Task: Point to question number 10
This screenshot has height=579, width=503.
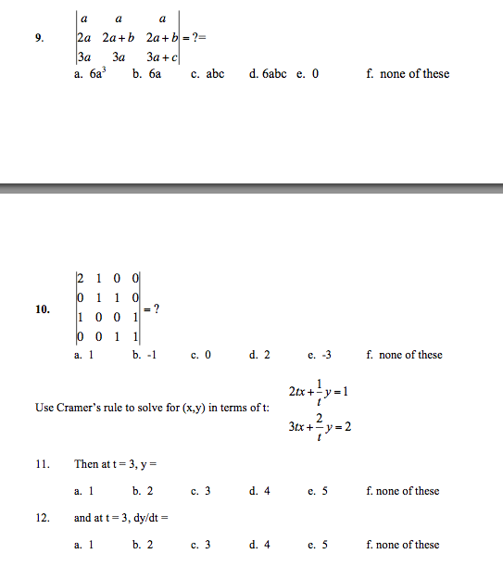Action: pyautogui.click(x=43, y=309)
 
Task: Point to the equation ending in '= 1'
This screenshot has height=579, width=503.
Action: pyautogui.click(x=316, y=391)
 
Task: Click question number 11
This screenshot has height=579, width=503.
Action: pyautogui.click(x=42, y=464)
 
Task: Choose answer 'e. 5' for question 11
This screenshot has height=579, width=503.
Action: pyautogui.click(x=318, y=491)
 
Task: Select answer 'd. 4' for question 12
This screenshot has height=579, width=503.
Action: pyautogui.click(x=259, y=545)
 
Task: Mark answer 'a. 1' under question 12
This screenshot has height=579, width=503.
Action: pyautogui.click(x=83, y=545)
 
